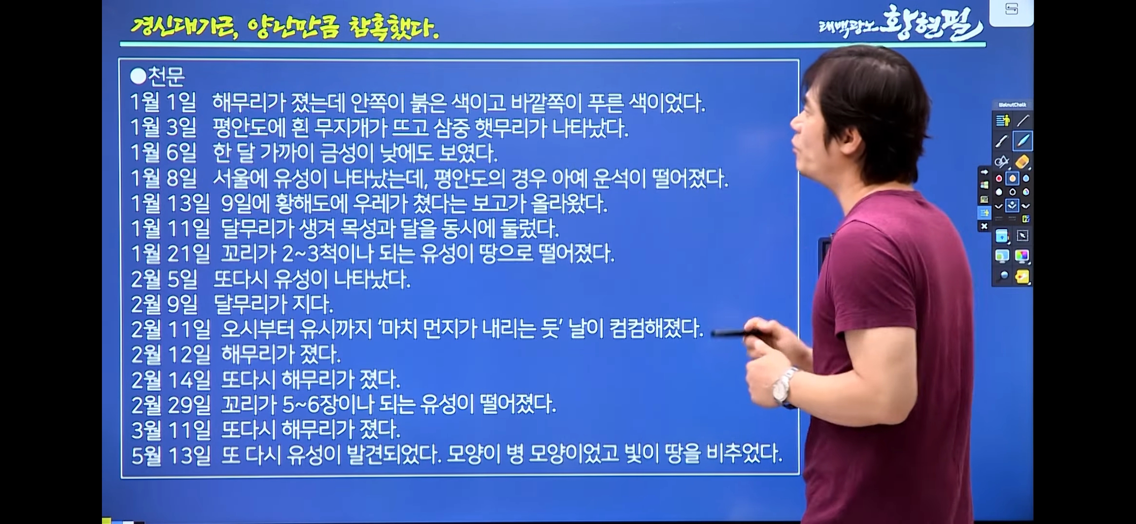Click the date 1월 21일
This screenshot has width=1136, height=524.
[170, 254]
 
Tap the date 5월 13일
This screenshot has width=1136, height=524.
[171, 456]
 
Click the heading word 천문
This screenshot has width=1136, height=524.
[166, 76]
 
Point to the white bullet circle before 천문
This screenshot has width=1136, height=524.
[138, 76]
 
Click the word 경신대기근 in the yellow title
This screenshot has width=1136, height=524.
[184, 28]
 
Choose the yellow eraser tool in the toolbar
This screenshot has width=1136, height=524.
[1022, 162]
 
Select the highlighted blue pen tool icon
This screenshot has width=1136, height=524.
[1022, 141]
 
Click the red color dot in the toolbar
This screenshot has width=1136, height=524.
[999, 179]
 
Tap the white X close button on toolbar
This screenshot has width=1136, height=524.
[984, 226]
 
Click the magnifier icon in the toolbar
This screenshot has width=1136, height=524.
[1002, 277]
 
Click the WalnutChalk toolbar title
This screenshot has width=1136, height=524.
[1012, 105]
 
